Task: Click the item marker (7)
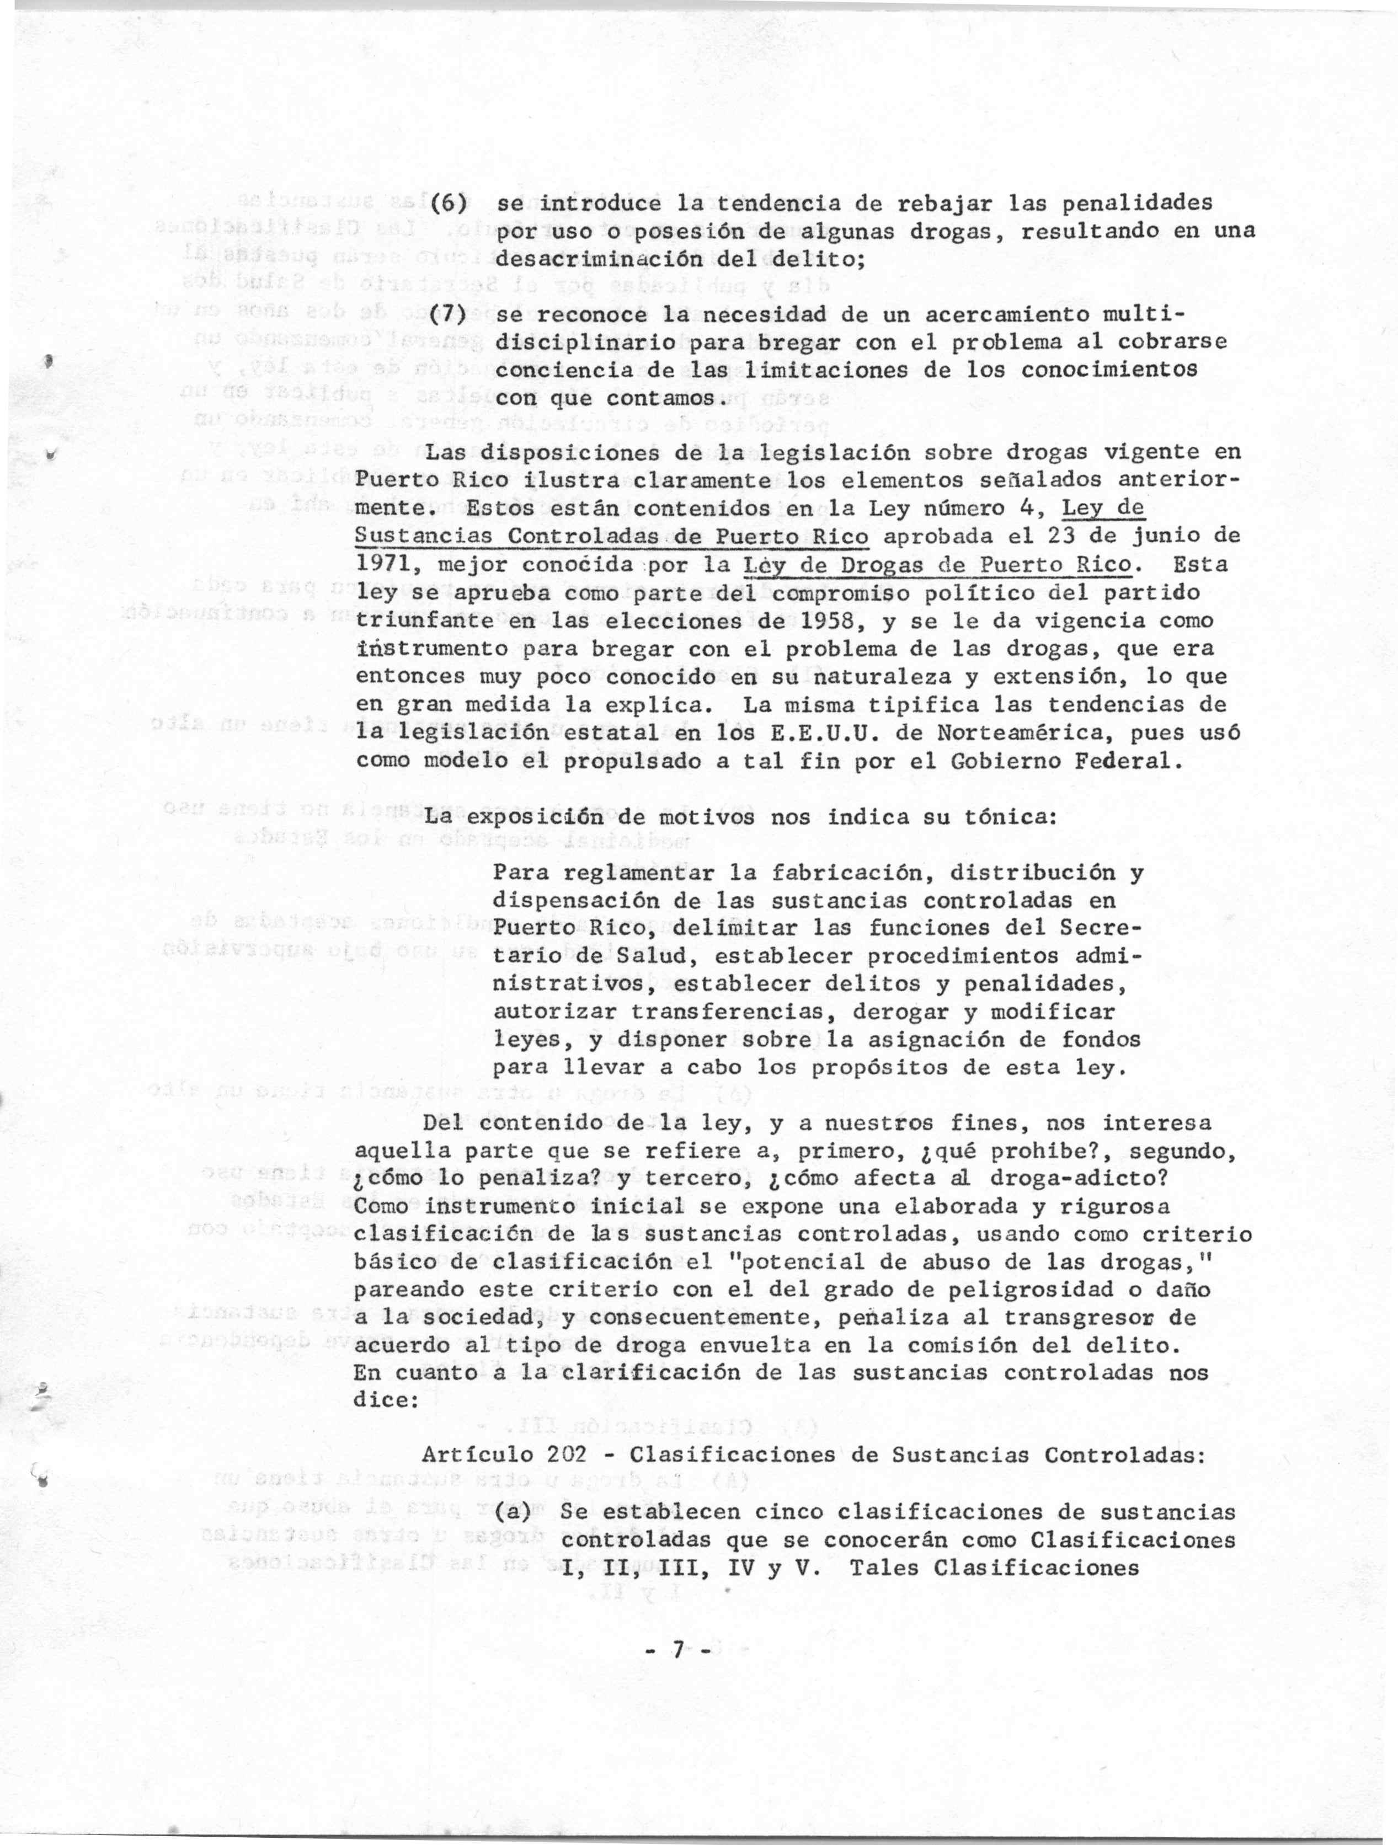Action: [x=446, y=316]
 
